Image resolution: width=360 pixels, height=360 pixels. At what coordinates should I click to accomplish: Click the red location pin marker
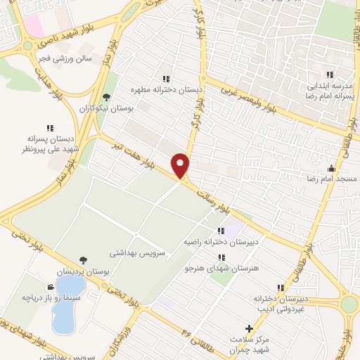[x=181, y=165]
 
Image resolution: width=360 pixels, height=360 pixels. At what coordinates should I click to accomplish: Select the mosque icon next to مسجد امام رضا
[x=331, y=168]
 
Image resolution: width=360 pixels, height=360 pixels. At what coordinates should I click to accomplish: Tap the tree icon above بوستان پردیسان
[x=84, y=260]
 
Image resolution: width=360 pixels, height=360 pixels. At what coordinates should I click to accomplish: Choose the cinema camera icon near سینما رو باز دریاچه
[x=50, y=287]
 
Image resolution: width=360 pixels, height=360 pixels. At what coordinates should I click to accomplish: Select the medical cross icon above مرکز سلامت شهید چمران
[x=248, y=328]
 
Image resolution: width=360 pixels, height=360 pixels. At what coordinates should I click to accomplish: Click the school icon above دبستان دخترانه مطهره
[x=166, y=79]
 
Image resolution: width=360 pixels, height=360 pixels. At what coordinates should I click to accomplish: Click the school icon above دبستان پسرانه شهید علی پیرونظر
[x=50, y=128]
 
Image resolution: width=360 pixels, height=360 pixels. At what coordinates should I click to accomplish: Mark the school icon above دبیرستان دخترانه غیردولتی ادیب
[x=281, y=288]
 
